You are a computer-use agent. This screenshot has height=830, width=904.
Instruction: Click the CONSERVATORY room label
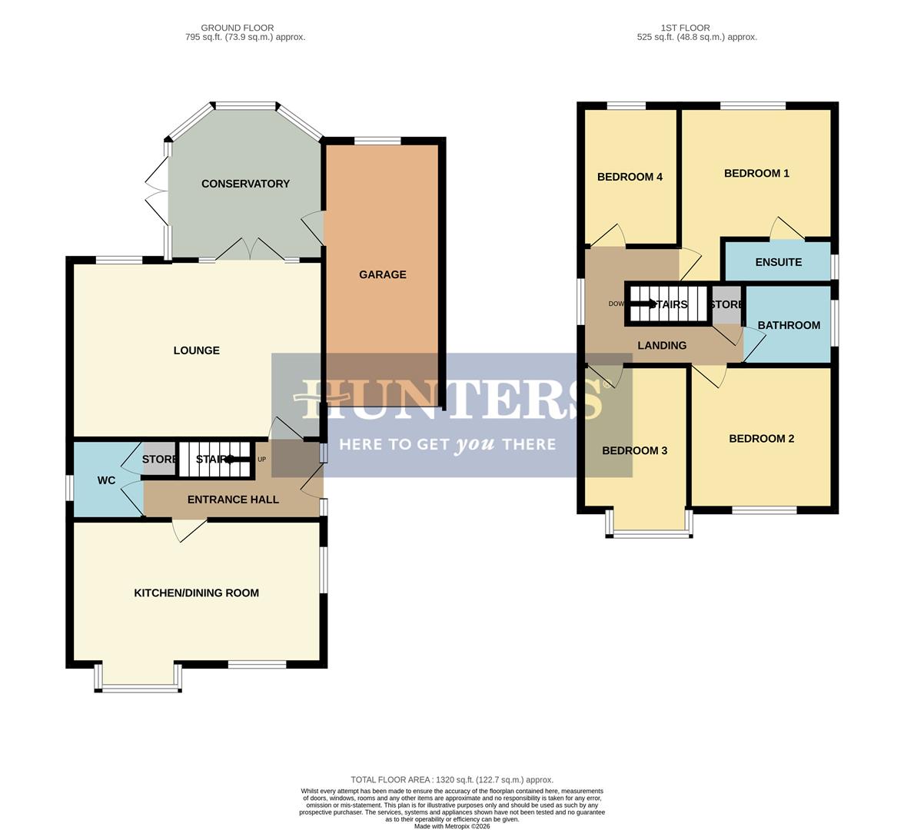(245, 184)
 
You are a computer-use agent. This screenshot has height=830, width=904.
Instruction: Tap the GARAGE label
(382, 274)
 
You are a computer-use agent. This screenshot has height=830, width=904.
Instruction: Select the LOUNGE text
(196, 350)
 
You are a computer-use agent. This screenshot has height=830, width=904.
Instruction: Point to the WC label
(106, 480)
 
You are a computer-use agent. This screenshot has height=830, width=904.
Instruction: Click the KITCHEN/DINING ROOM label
(196, 593)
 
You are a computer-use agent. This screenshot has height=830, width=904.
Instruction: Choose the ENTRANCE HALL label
(233, 500)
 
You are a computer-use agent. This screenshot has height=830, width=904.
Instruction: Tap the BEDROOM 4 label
(630, 177)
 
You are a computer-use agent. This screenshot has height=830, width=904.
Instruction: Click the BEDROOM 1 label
(756, 173)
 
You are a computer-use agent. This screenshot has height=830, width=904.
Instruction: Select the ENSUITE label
(778, 262)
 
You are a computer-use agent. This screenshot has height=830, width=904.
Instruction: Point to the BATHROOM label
(789, 325)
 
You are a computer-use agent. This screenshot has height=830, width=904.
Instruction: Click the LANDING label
(662, 346)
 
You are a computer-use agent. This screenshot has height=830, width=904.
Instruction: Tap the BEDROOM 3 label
(634, 450)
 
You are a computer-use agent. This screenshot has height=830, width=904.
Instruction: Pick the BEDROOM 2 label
(761, 438)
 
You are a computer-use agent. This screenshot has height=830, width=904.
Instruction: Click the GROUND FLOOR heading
(237, 28)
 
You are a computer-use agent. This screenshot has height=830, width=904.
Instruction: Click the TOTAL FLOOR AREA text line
(452, 779)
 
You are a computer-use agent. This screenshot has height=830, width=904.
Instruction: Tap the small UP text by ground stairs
(262, 460)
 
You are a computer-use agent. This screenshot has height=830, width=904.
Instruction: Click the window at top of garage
(377, 141)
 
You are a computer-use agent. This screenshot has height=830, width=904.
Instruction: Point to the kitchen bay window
(138, 688)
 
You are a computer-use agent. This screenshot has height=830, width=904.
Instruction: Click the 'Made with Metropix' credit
(452, 826)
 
